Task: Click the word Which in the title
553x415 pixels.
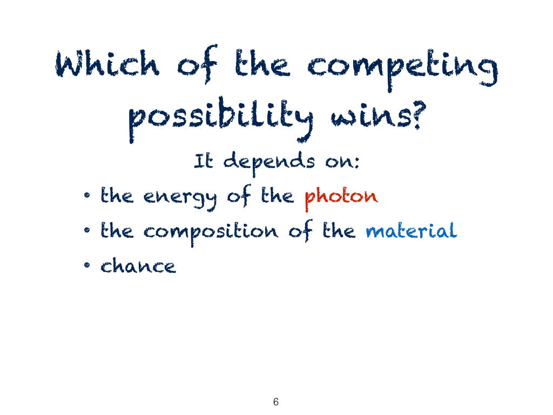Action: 107,63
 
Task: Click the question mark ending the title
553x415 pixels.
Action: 419,115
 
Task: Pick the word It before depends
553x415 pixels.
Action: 204,161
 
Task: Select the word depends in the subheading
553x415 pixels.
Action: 269,163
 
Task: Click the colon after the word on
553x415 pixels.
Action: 356,163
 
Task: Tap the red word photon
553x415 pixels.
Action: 341,197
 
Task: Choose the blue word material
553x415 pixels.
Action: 412,230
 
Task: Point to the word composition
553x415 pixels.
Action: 211,232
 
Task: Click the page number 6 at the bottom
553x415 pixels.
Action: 276,401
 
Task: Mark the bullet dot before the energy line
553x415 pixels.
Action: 87,195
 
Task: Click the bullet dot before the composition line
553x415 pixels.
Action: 87,230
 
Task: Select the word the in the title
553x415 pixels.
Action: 263,63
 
